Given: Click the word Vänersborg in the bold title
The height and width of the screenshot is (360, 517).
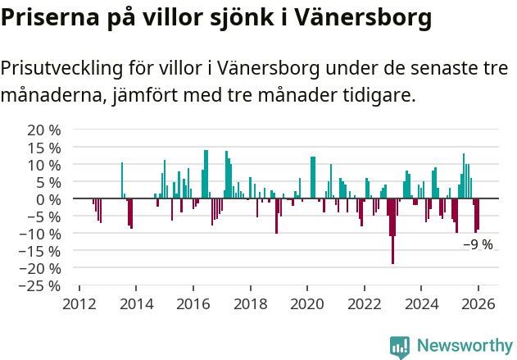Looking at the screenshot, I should pyautogui.click(x=363, y=16).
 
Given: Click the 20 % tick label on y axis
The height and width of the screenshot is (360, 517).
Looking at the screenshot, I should pyautogui.click(x=44, y=130).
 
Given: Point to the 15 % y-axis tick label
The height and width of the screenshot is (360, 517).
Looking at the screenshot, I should pyautogui.click(x=44, y=147).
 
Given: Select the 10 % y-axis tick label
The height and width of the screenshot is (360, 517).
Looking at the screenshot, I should pyautogui.click(x=44, y=164).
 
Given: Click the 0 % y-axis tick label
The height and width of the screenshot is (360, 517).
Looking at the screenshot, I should pyautogui.click(x=48, y=198).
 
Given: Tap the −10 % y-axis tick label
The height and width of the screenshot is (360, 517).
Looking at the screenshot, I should pyautogui.click(x=41, y=233).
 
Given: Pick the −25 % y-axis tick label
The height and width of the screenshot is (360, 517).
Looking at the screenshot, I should pyautogui.click(x=41, y=285).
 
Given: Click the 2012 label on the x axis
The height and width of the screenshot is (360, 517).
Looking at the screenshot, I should pyautogui.click(x=79, y=303).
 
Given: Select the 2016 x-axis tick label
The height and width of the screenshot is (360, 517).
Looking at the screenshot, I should pyautogui.click(x=193, y=303).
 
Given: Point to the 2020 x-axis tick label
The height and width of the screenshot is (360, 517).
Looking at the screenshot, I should pyautogui.click(x=307, y=303).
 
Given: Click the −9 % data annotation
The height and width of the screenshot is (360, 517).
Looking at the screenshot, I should pyautogui.click(x=478, y=244).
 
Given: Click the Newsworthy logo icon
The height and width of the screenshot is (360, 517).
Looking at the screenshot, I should pyautogui.click(x=400, y=347).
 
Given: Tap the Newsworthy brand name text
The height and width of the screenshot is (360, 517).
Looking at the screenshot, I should pyautogui.click(x=465, y=346).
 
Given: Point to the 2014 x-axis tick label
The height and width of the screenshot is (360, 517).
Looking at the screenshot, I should pyautogui.click(x=137, y=303).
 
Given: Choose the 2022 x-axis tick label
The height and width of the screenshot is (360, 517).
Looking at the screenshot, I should pyautogui.click(x=365, y=303).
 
